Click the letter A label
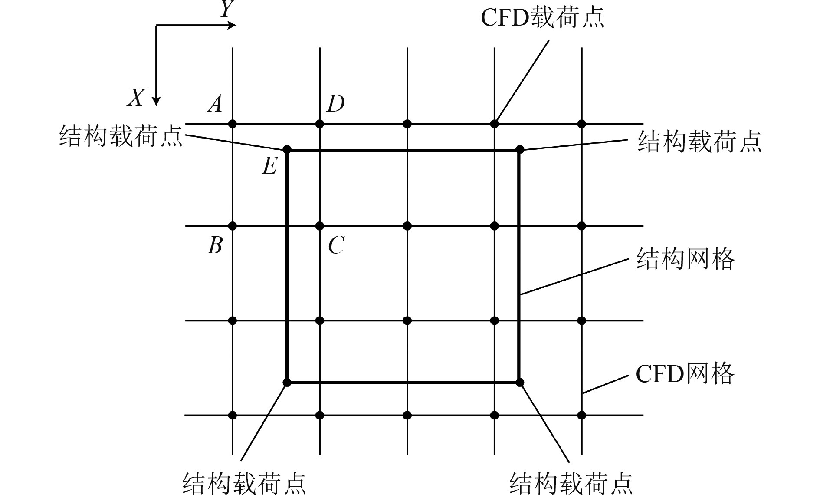215,104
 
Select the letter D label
336,104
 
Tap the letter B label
215,245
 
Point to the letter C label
336,245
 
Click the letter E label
269,166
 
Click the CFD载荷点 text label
542,17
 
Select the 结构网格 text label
686,259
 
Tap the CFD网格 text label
685,373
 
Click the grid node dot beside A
233,124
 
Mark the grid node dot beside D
320,124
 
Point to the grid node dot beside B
233,226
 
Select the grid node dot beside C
320,226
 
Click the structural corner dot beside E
287,150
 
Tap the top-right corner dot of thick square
520,150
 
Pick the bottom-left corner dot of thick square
287,382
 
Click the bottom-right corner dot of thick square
520,382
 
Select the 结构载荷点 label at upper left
121,136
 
